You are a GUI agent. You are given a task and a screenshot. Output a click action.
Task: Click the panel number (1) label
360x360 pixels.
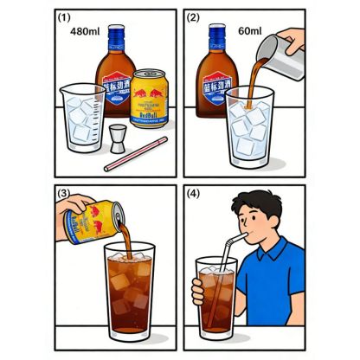click(x=64, y=17)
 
